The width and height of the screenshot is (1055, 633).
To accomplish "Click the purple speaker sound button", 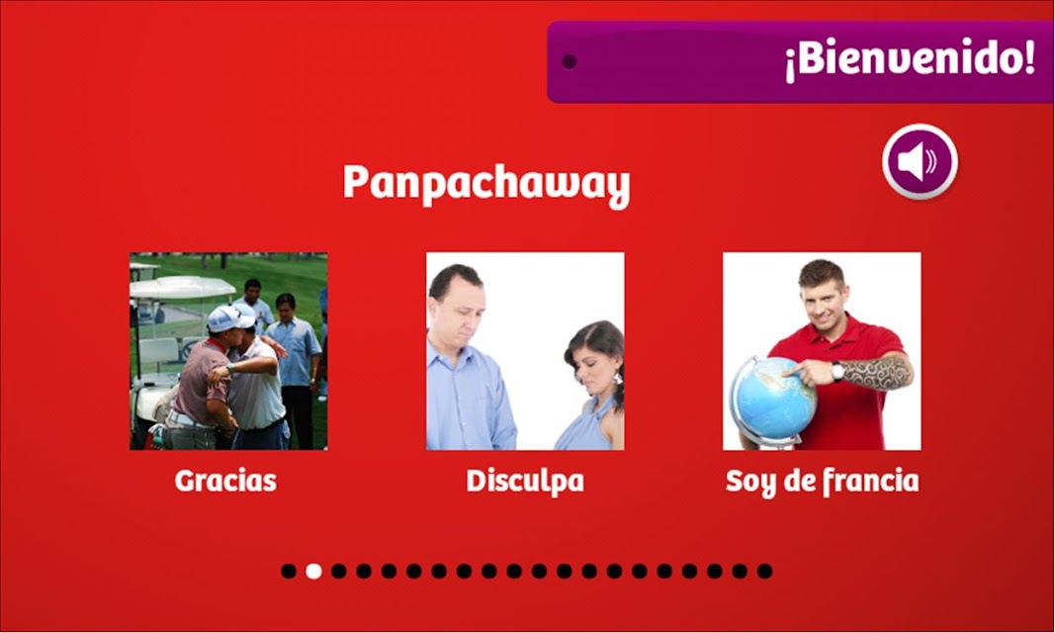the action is (x=920, y=161).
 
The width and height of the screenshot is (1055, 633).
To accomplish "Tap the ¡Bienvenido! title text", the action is (x=910, y=58).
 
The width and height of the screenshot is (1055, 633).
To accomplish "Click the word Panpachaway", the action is (x=486, y=184).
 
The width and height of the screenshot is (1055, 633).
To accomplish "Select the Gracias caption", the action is (x=225, y=481).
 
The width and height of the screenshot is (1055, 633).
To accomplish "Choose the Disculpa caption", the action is (x=525, y=482).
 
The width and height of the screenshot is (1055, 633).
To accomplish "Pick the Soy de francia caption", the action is (x=823, y=482).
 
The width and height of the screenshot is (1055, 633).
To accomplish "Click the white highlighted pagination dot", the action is (x=313, y=571).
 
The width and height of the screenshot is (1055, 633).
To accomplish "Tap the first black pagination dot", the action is (x=289, y=571).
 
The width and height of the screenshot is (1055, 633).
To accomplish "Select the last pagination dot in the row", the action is (x=764, y=571).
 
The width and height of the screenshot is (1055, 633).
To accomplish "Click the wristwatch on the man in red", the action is (x=836, y=371).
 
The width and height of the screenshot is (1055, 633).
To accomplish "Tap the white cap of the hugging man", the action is (x=229, y=318).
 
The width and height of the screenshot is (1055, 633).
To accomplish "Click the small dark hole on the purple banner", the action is (x=570, y=62).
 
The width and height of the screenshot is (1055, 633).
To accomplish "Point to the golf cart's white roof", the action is (x=182, y=287).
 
